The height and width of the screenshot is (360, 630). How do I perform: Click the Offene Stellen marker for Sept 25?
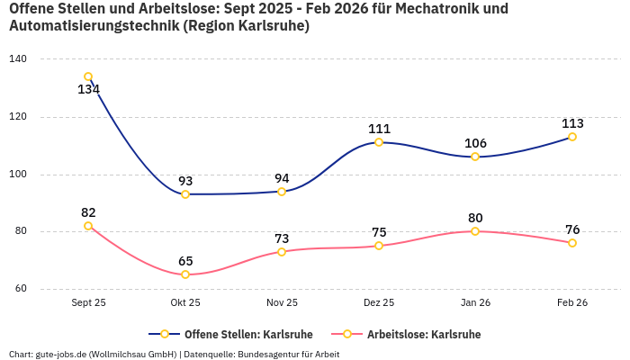tap(88, 76)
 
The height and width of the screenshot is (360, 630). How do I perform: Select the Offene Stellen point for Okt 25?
tap(185, 194)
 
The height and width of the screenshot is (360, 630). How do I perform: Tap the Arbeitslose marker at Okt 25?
tap(185, 274)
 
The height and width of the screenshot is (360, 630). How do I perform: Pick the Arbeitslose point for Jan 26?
tap(475, 231)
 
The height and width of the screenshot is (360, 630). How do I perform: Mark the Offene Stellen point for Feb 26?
tap(572, 137)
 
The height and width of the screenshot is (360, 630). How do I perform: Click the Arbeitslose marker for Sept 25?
tap(88, 226)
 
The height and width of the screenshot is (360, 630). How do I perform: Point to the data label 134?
tap(88, 90)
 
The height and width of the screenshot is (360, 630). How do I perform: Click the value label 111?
tap(379, 129)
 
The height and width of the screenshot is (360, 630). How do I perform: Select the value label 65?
tap(185, 261)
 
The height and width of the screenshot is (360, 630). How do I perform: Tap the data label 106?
tap(475, 143)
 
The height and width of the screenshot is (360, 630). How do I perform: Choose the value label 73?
tap(282, 238)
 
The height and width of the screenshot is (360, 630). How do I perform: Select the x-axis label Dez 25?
tap(379, 303)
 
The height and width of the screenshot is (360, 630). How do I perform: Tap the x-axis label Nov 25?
tap(282, 303)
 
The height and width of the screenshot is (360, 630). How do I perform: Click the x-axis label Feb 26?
tap(572, 303)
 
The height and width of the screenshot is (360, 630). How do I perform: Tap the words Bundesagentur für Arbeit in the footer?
tap(288, 355)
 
